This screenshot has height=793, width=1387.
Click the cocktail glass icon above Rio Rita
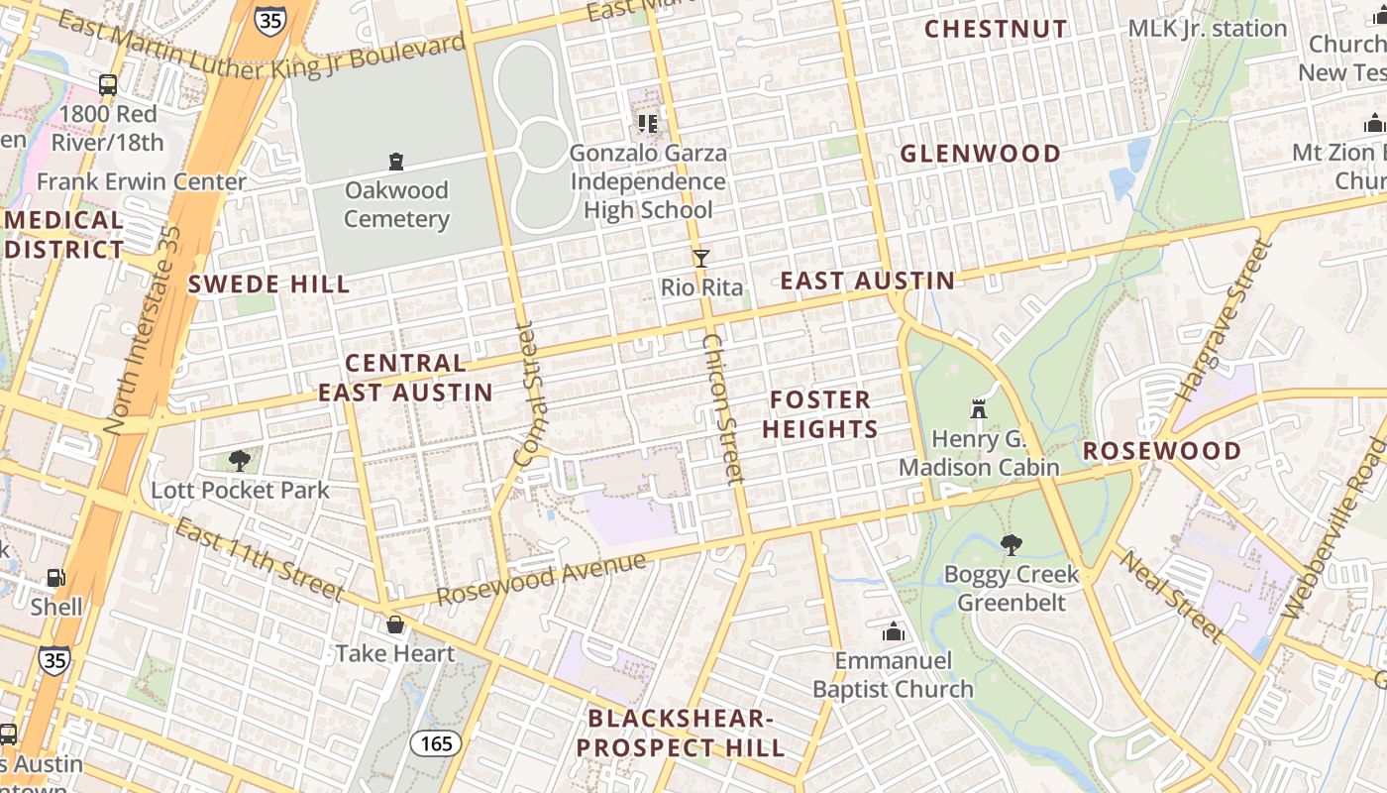tap(701, 259)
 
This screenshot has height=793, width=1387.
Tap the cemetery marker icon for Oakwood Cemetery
tap(396, 162)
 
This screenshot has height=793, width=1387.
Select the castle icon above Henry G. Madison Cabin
tap(979, 409)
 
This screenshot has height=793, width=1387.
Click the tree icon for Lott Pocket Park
tap(239, 461)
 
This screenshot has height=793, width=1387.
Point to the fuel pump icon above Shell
tap(55, 578)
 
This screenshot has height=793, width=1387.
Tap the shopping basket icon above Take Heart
tap(394, 624)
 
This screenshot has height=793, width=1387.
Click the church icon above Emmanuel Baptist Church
tap(893, 631)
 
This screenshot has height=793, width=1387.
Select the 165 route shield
tap(436, 742)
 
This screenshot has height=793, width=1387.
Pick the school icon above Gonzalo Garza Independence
tap(647, 124)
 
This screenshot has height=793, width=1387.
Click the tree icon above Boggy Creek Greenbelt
tap(1011, 545)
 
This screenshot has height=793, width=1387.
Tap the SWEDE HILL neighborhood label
tap(268, 284)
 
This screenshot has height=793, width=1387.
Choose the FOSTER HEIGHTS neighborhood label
tap(823, 414)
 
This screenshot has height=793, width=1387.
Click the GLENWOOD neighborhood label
tap(980, 154)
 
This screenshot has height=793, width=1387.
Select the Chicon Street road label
tap(722, 408)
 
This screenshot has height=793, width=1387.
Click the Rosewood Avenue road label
tap(542, 579)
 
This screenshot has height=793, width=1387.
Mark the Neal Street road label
tap(1172, 597)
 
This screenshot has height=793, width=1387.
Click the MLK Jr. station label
tap(1207, 29)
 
